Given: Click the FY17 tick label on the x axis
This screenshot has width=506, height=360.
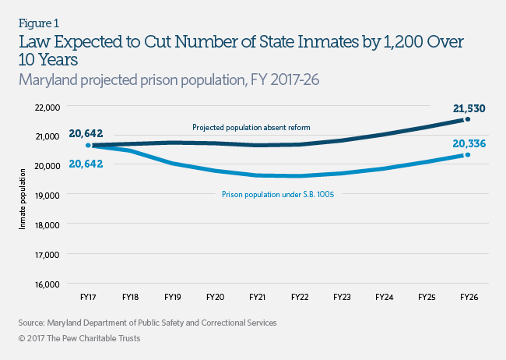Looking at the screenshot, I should tap(87, 296).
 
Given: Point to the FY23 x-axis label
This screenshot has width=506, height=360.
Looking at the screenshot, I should tap(341, 296).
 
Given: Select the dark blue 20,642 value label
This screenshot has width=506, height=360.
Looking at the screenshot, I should tap(86, 133).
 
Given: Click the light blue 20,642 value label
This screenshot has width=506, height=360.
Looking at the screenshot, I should tap(86, 162).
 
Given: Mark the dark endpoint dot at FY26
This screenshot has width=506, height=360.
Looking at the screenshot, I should tap(467, 119).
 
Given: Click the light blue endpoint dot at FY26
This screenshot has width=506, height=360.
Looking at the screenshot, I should tap(467, 154).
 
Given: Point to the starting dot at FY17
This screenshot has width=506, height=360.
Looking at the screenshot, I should tap(87, 145).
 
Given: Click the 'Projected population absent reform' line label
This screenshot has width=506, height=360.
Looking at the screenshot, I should tap(245, 127).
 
